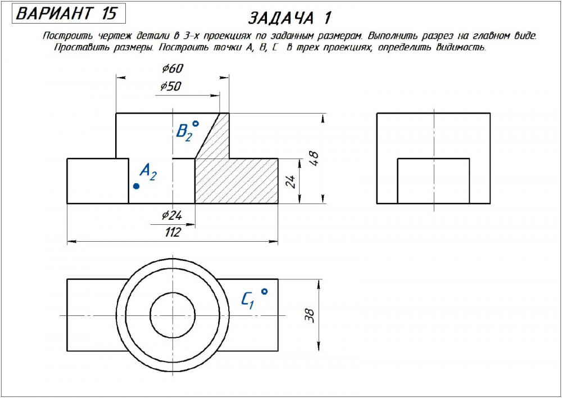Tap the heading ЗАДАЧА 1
(289, 18)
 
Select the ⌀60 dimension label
(173, 69)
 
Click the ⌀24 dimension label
(172, 215)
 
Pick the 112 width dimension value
(172, 233)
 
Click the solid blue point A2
(136, 186)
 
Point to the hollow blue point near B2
(196, 124)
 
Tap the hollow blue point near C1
(264, 291)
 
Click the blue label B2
(184, 132)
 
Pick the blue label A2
(148, 171)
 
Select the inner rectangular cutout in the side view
(433, 180)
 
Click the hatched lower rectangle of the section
(236, 180)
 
